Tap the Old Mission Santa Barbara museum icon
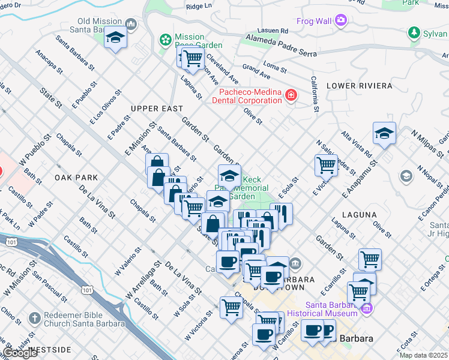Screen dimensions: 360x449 131,25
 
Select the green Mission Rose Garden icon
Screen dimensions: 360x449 164,40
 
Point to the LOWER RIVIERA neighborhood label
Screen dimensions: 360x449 359,86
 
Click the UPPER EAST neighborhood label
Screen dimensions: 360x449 157,109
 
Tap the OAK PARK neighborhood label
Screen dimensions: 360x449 76,178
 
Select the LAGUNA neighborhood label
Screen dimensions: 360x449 359,214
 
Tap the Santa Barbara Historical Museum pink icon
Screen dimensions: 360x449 367,309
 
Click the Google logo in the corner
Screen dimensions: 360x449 20,353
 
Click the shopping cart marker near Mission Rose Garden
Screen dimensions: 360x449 192,58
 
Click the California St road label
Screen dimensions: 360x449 313,94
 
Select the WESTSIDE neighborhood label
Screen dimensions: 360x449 50,349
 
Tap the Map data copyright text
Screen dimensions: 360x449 424,355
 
